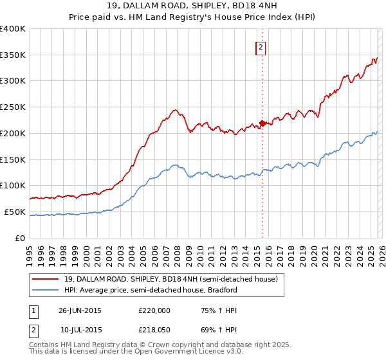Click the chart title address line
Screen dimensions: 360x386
click(192, 6)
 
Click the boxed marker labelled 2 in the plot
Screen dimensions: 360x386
click(261, 47)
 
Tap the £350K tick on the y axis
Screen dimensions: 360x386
click(13, 55)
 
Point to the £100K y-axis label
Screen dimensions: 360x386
click(13, 185)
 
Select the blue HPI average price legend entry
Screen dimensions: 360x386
click(151, 291)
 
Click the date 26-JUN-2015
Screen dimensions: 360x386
click(80, 310)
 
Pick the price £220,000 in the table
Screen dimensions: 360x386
click(154, 310)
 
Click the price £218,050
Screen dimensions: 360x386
click(154, 329)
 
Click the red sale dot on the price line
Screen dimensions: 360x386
click(262, 123)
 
